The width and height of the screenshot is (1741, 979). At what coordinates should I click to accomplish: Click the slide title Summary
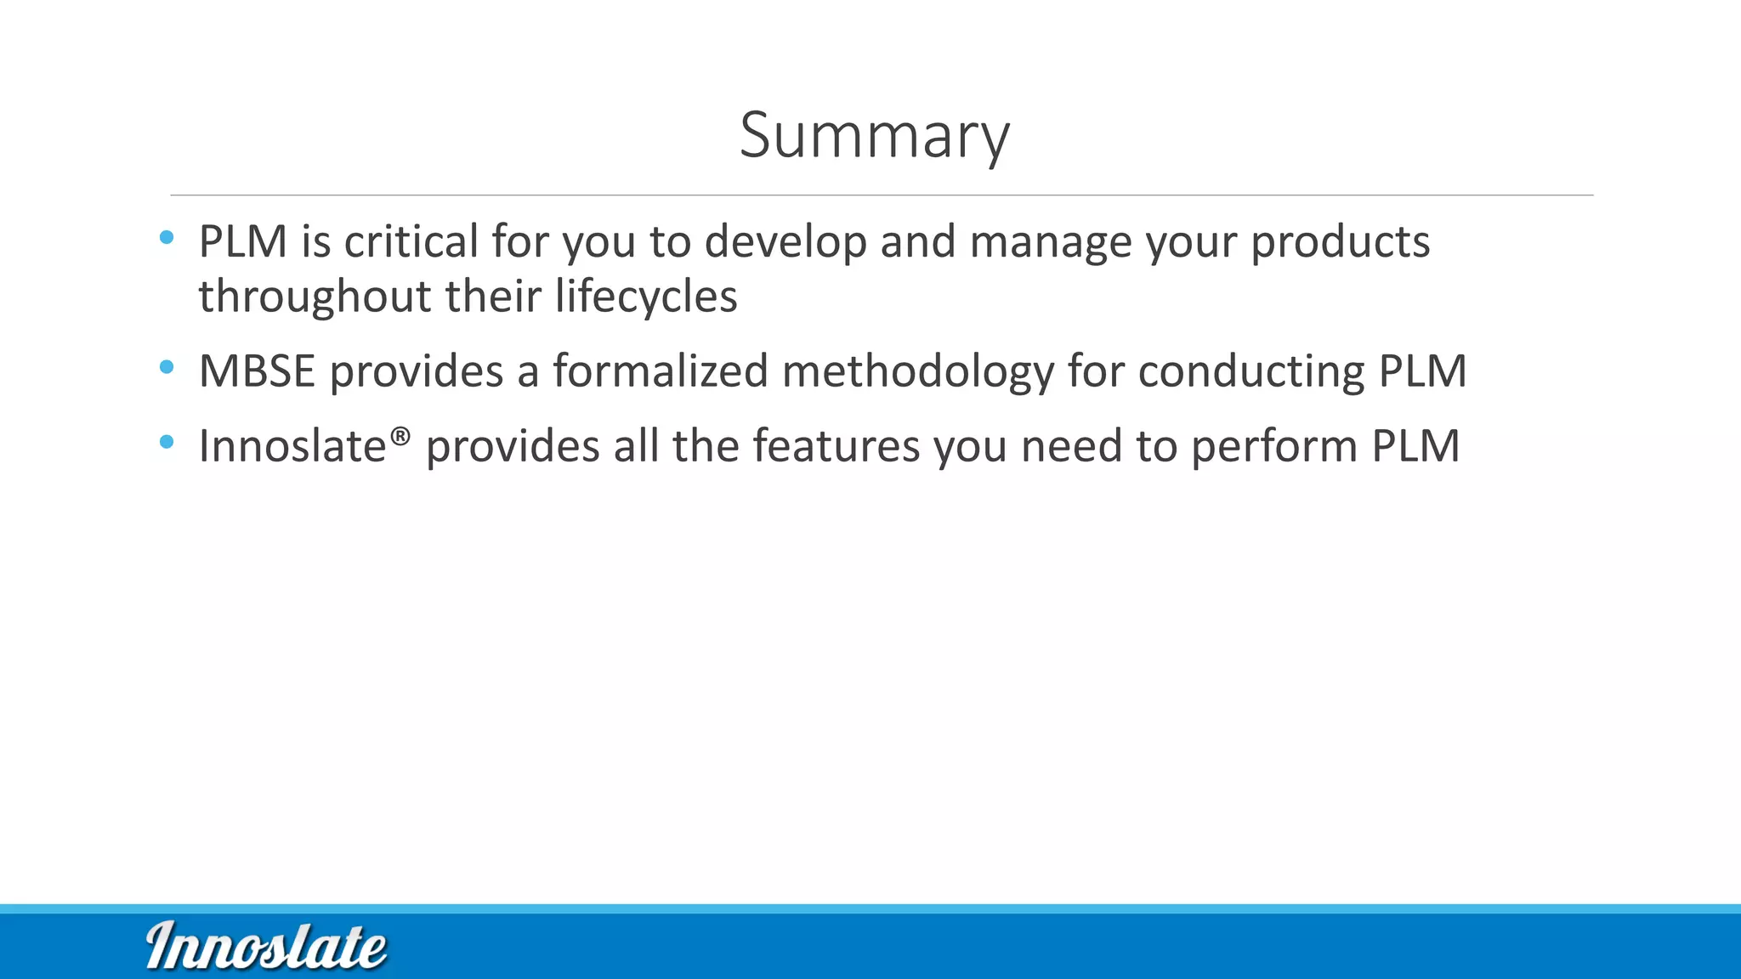coord(874,136)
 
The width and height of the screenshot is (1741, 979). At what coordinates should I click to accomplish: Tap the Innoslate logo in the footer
coord(266,945)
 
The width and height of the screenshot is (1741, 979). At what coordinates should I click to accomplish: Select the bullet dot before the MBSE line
coord(167,367)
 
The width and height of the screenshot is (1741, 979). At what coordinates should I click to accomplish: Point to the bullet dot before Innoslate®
coord(167,442)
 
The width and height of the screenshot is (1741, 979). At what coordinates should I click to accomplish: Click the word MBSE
coord(257,371)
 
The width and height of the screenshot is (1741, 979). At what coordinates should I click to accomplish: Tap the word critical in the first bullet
coord(411,241)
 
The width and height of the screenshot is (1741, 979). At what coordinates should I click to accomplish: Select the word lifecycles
coord(646,297)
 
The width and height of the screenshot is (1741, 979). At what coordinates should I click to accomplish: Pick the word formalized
coord(661,371)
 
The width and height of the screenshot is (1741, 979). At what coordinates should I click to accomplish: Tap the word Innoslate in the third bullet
coord(292,446)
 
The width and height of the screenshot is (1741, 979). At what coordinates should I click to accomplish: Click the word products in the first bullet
coord(1340,243)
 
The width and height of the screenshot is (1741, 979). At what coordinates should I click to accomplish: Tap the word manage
coord(1051,243)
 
